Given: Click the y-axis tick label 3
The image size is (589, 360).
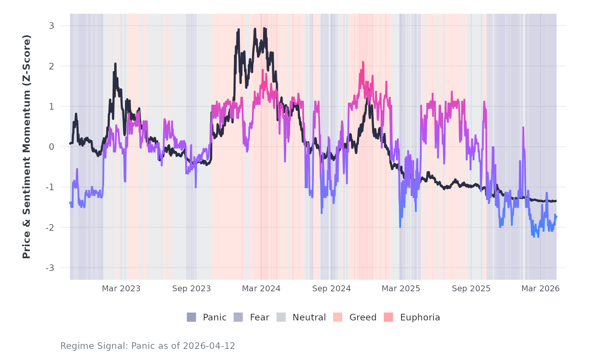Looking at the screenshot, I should coord(51,26).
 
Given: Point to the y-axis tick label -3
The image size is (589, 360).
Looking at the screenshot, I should coord(50,268).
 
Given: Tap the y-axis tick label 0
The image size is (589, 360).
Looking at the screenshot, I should coord(51,147).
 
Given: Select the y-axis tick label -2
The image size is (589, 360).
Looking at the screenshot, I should coord(50,228).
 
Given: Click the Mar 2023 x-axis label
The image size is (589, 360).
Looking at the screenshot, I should coord(121,289).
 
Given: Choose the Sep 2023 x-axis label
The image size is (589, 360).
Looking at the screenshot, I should coord(191,289).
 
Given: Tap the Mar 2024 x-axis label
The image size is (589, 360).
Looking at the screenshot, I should coord(261,289).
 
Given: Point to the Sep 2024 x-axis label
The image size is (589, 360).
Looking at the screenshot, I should coord(331,289).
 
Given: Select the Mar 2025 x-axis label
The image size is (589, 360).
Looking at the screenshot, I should coord(401,289).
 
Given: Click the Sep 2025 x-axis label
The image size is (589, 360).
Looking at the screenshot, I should coord(471,289).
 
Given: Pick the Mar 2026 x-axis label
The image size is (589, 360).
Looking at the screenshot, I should coord(540,289).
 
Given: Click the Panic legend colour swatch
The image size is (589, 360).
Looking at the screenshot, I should coord(191,317).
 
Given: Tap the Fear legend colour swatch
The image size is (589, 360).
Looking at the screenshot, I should coord(238,317).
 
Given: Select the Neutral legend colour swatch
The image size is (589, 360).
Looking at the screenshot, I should coord(281,317).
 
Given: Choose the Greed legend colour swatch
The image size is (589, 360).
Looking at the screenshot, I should coord(338,317).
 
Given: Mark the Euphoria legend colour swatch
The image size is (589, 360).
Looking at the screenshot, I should coord(388,317).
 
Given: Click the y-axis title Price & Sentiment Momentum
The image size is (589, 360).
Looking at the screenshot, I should coord(27,147).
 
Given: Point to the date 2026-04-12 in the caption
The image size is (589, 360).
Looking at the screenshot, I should coord(209,346).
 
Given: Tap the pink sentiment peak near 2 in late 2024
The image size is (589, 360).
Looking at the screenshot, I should coord(363,63).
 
